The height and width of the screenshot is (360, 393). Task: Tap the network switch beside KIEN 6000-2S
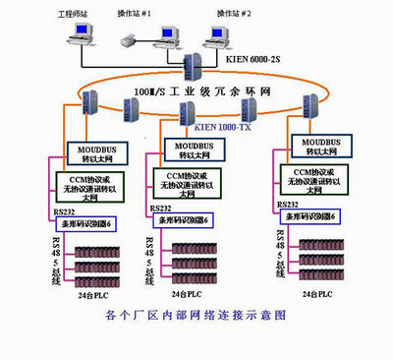[191, 67]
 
